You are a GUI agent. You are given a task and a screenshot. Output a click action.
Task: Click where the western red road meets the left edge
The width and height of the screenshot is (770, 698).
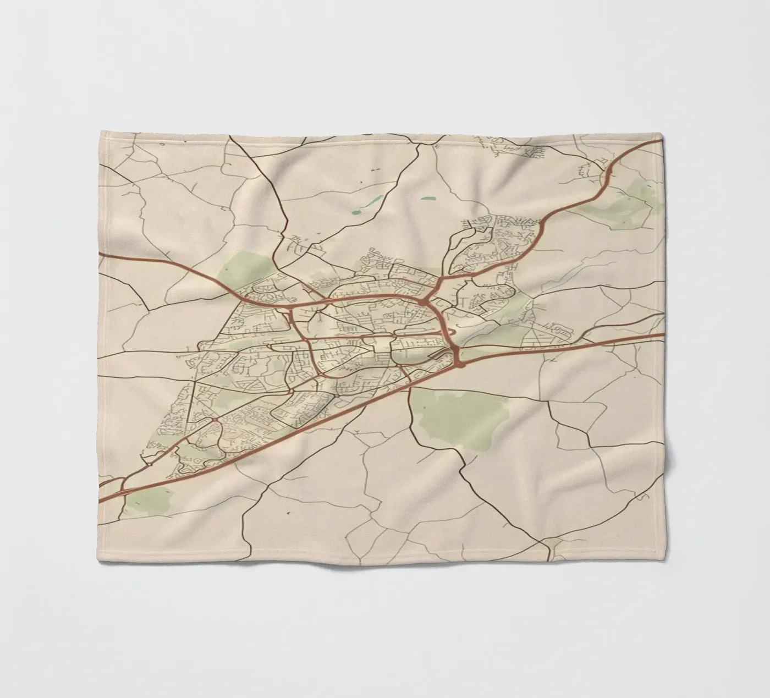(100, 255)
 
